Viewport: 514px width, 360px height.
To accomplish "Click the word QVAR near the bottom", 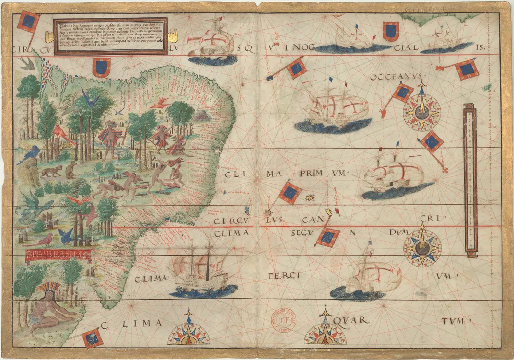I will (353, 320).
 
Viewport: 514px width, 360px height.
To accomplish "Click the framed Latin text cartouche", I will (110, 36).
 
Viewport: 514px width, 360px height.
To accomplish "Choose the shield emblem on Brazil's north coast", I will (101, 68).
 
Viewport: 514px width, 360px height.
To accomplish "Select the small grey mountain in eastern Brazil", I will (202, 116).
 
